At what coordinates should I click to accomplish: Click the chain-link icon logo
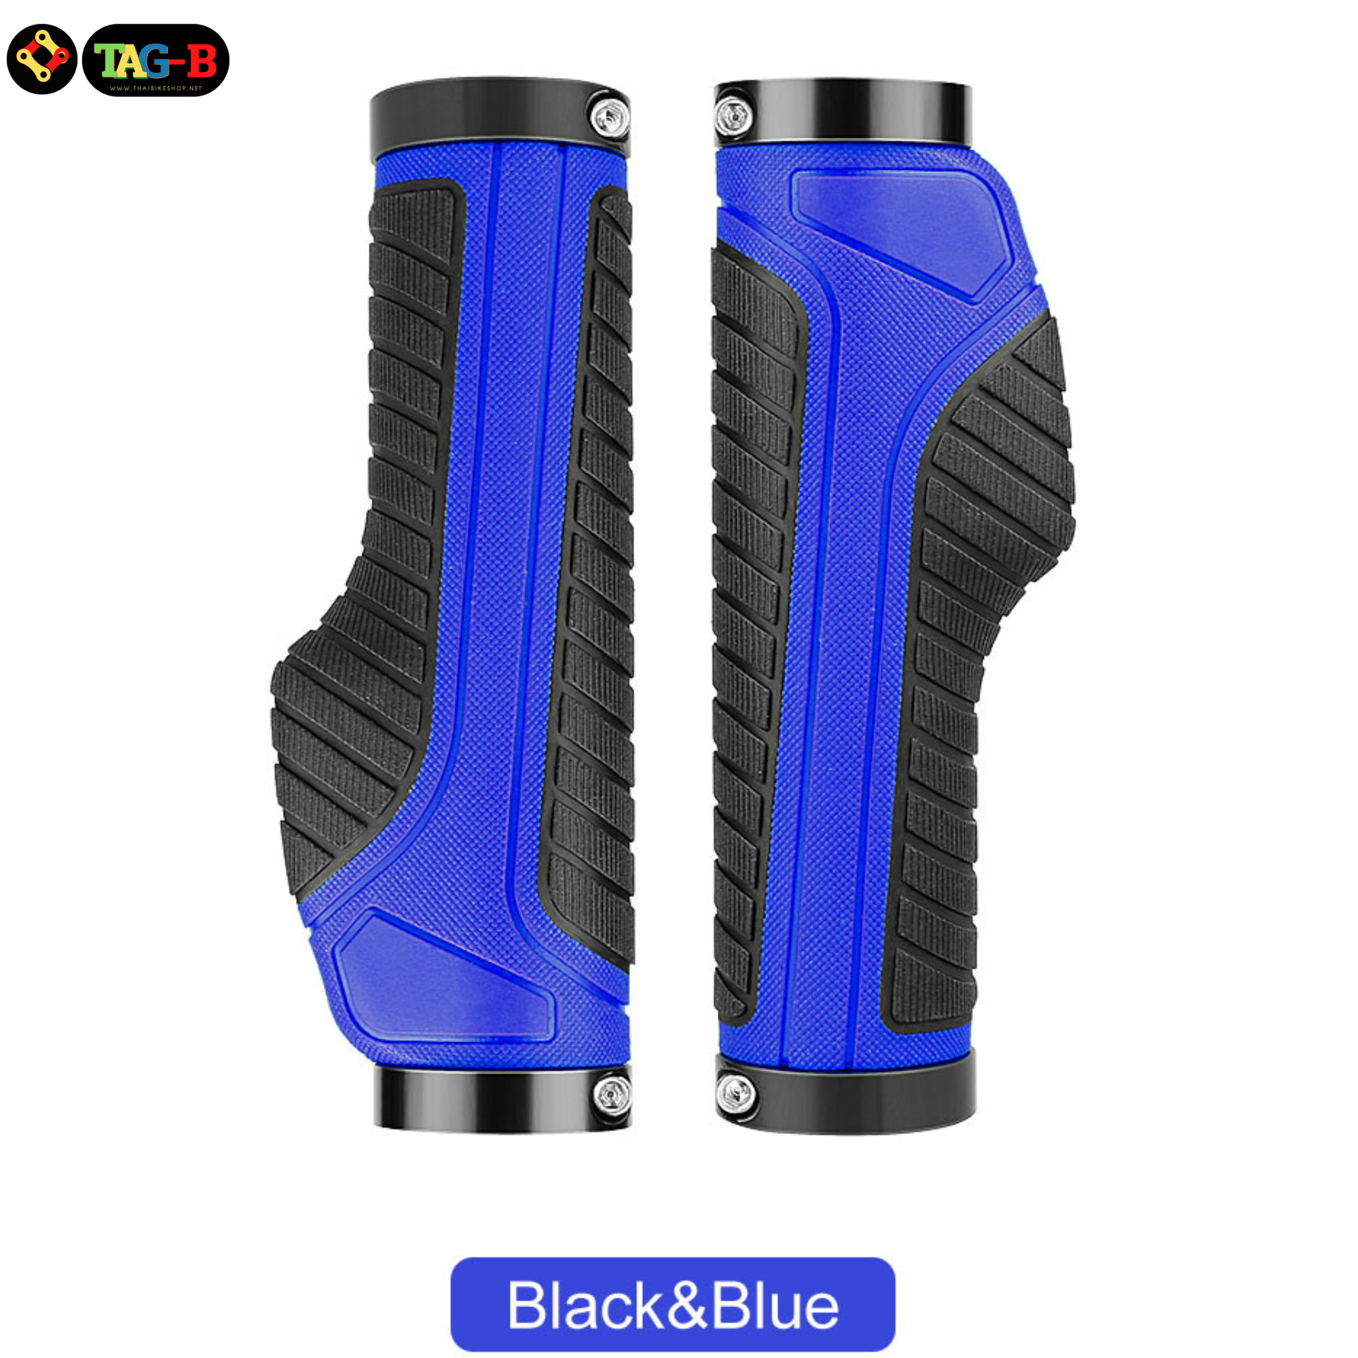[41, 59]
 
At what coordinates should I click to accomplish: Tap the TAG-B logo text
[155, 61]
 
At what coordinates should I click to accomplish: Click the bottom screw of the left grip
[612, 1093]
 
